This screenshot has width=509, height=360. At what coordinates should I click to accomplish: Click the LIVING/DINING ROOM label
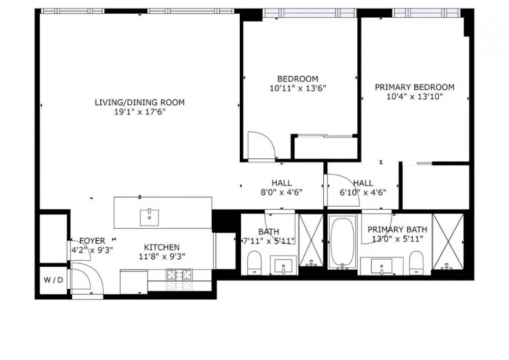click(139, 102)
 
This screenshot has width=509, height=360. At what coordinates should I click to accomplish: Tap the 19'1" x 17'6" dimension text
click(140, 113)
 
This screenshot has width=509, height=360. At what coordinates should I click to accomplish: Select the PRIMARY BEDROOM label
click(414, 87)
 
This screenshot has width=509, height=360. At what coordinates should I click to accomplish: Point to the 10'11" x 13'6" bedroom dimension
click(298, 88)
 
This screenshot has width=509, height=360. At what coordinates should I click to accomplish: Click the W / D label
click(53, 280)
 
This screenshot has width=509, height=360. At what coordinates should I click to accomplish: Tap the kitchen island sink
click(149, 217)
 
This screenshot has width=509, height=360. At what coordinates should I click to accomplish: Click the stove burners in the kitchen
click(179, 275)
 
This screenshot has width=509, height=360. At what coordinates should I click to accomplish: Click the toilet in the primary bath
click(417, 262)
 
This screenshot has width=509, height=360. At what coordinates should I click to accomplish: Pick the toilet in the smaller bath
click(254, 262)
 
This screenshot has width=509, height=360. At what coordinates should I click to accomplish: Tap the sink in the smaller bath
click(284, 266)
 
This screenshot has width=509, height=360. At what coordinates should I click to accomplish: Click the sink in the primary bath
click(382, 266)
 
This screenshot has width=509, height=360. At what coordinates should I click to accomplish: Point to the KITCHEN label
click(162, 247)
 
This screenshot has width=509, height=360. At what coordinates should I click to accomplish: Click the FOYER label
click(93, 241)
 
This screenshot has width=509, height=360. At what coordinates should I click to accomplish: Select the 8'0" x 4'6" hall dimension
click(281, 192)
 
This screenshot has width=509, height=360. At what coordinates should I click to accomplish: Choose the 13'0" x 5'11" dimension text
click(398, 239)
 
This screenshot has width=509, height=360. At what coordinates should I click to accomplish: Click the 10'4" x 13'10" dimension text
click(414, 97)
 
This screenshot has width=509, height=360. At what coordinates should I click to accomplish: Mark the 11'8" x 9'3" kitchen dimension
click(162, 257)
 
